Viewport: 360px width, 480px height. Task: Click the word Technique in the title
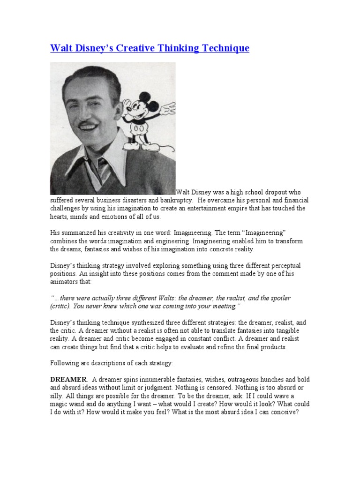(224, 48)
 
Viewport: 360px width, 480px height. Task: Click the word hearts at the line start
(59, 217)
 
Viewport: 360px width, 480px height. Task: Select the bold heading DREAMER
(68, 379)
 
